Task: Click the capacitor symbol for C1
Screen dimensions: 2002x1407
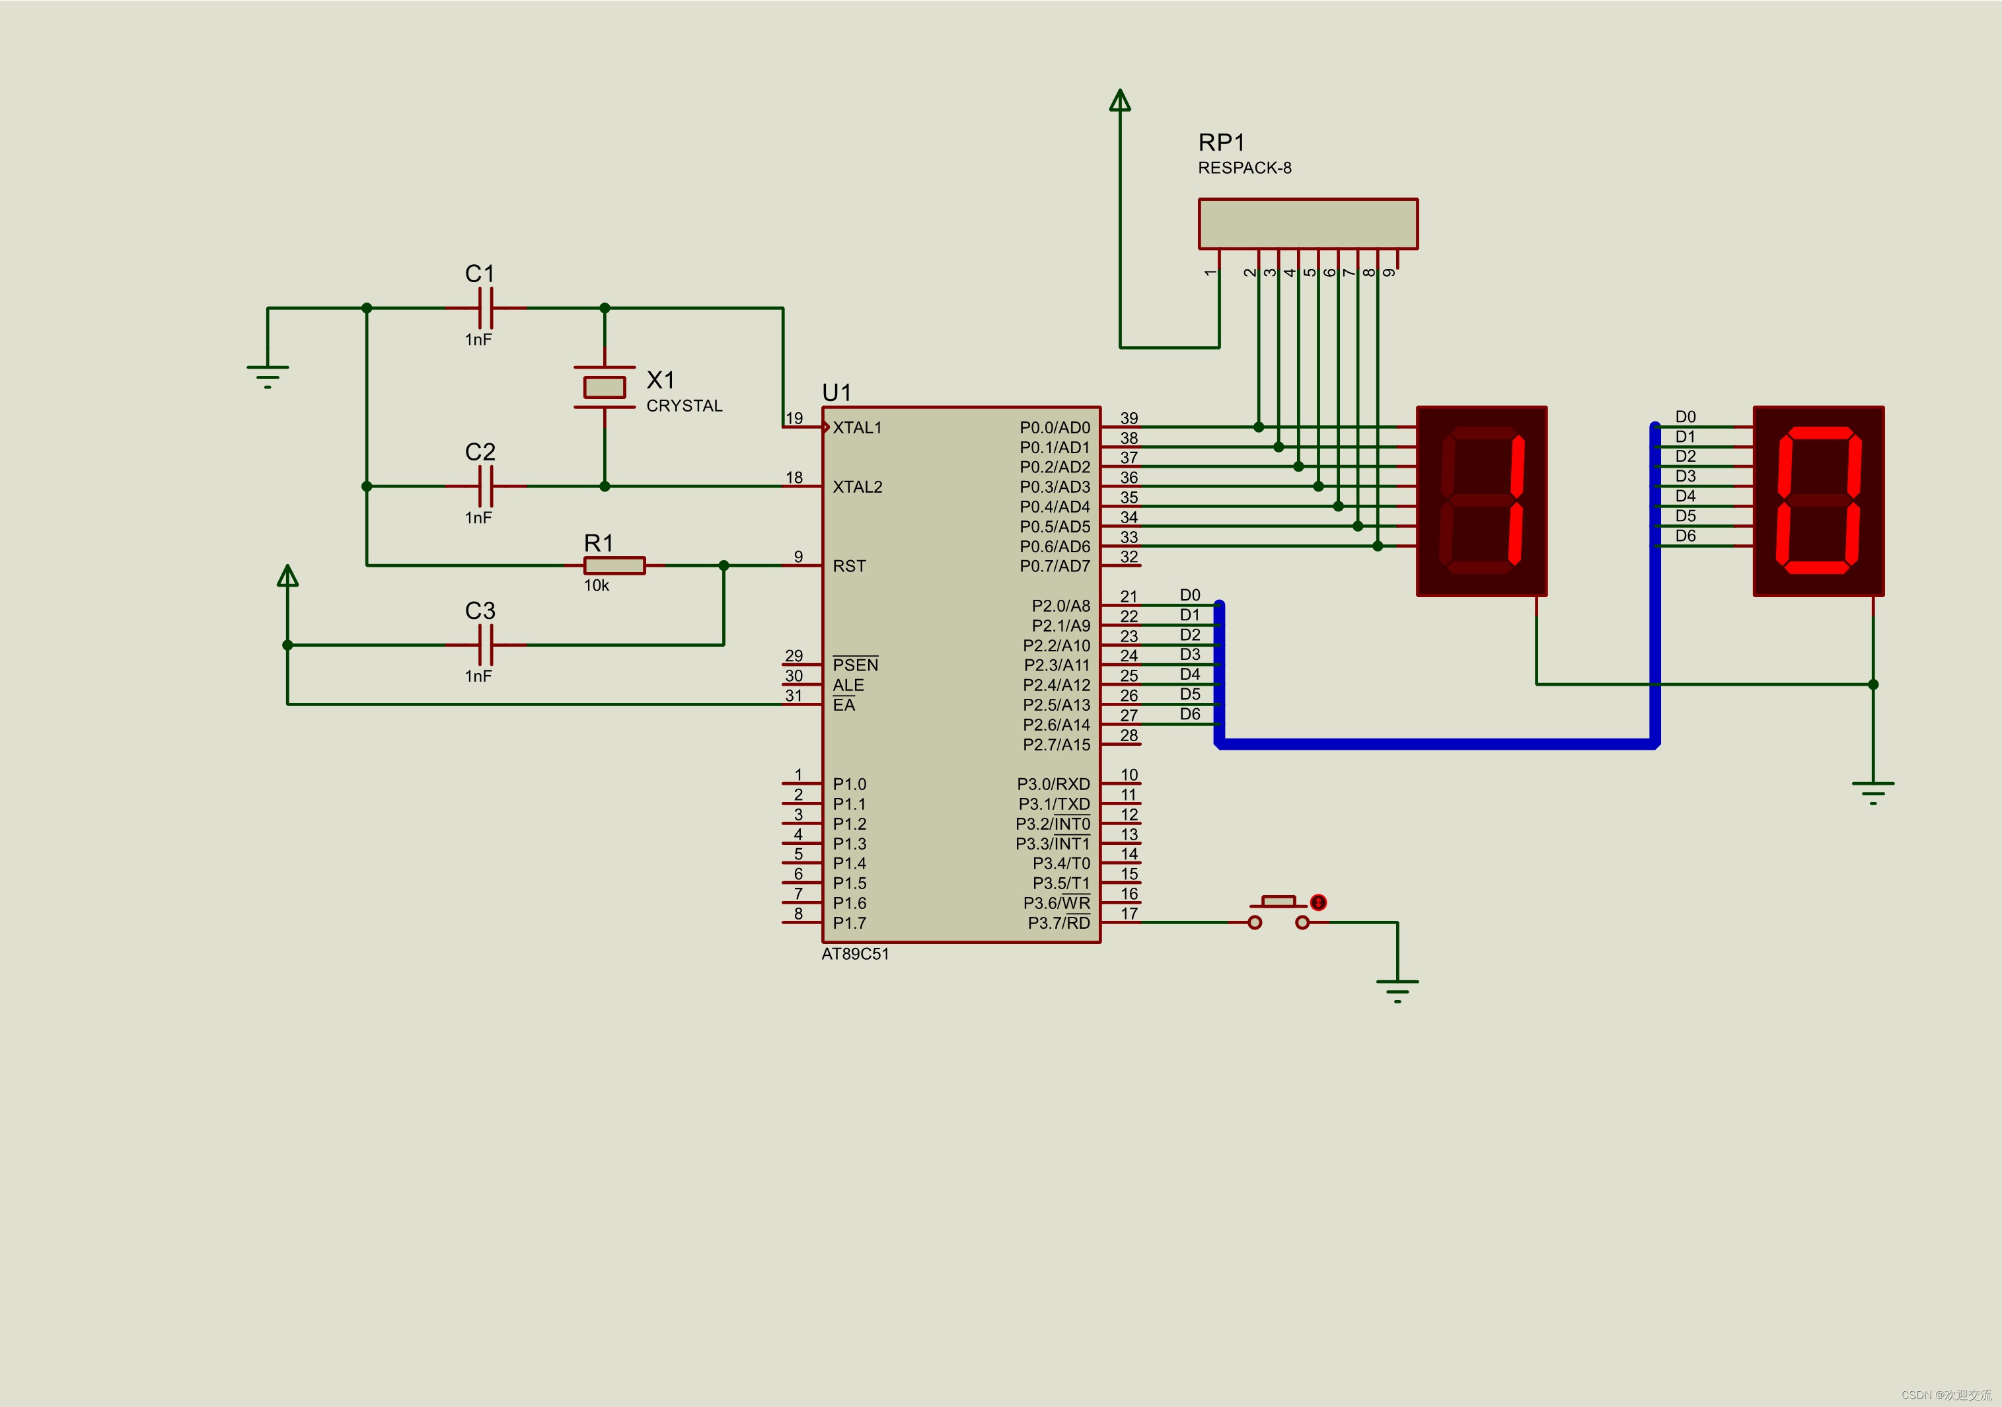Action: tap(486, 308)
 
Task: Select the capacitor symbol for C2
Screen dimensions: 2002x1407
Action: tap(486, 486)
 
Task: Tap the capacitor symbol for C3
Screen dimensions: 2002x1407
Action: tap(486, 645)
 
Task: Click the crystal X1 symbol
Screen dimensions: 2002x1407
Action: tap(605, 387)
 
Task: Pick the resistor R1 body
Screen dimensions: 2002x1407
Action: tap(614, 565)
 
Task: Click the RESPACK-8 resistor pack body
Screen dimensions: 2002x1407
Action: tap(1308, 224)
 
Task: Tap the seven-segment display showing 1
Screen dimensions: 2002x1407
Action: tap(1482, 501)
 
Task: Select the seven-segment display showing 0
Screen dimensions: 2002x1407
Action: tap(1819, 501)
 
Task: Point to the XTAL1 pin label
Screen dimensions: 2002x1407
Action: tap(857, 427)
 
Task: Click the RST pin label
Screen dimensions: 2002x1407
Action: tap(849, 565)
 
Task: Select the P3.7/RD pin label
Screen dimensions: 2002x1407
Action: tap(1058, 922)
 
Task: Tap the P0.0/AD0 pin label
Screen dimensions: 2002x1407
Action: tap(1055, 427)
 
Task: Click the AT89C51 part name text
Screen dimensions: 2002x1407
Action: tap(856, 954)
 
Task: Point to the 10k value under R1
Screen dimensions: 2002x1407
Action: tap(597, 586)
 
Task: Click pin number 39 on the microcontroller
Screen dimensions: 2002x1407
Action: tap(1129, 418)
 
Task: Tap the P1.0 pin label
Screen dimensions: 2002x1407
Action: tap(849, 783)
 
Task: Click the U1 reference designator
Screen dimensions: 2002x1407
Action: tap(836, 392)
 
